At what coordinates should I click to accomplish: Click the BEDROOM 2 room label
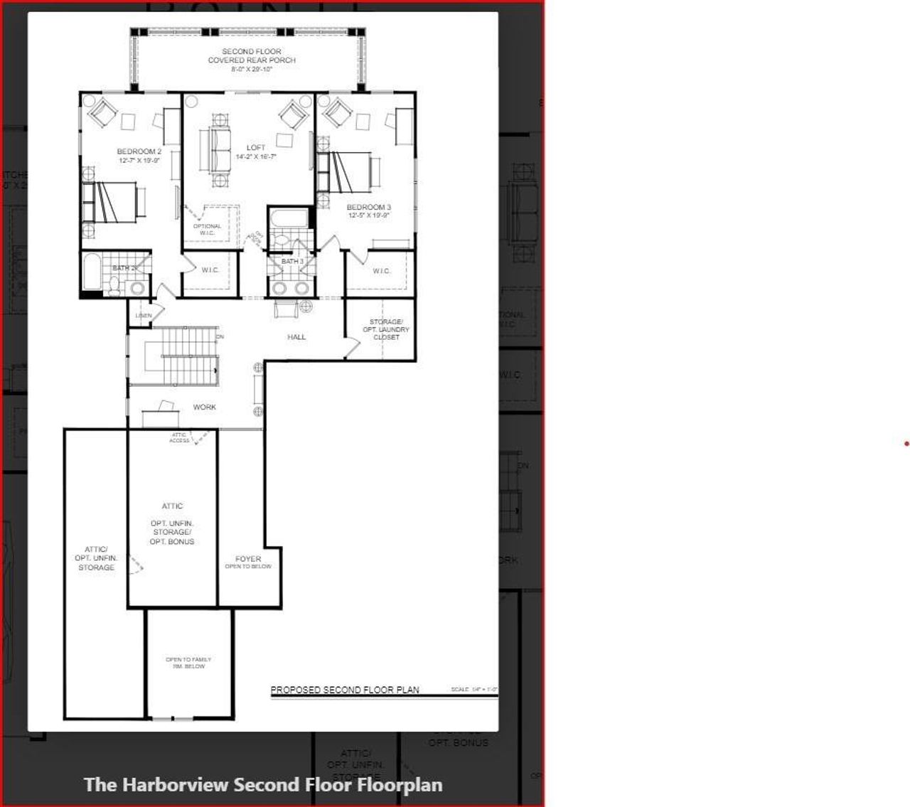tap(139, 152)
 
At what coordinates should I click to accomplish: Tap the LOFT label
tap(256, 149)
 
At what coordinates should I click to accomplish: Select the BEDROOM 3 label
tap(368, 208)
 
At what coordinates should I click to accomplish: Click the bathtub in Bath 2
tap(92, 272)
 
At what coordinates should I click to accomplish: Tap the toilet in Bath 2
tap(114, 284)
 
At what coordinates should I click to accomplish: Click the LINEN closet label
tap(143, 316)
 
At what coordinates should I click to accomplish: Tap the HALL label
tap(296, 337)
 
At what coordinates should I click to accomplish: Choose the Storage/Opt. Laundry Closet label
tap(386, 330)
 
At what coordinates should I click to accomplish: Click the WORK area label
tap(204, 407)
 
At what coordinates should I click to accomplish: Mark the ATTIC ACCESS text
tap(179, 438)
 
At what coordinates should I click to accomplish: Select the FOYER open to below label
tap(248, 562)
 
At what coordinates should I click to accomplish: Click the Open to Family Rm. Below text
tap(188, 663)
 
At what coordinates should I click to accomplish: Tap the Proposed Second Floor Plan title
tap(345, 690)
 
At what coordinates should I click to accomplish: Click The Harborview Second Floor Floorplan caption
tap(263, 784)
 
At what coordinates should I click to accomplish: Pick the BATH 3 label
tap(292, 262)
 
